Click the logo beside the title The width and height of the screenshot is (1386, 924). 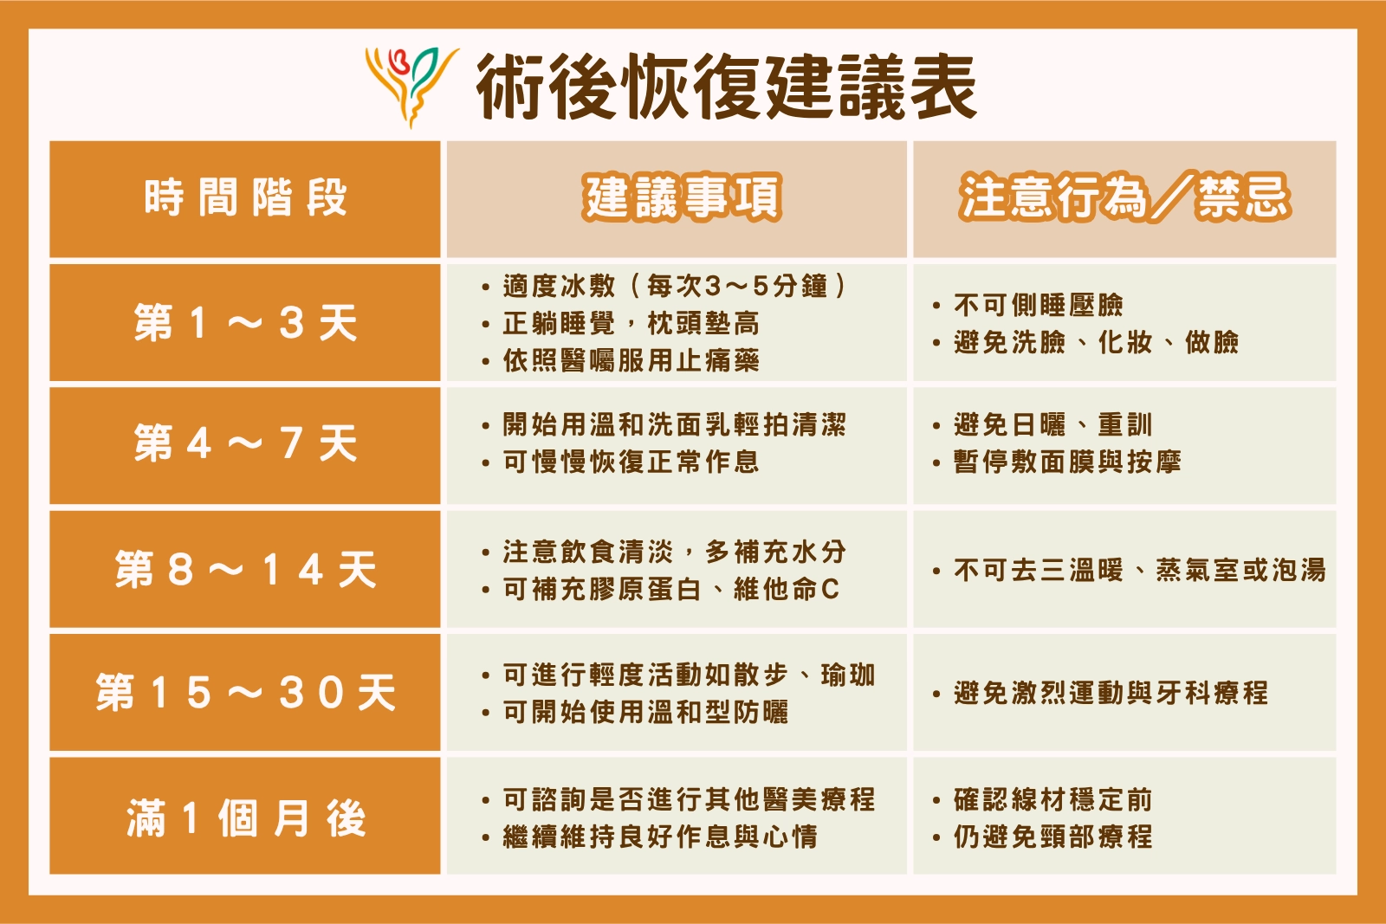(x=411, y=87)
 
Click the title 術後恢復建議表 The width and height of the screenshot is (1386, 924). (x=727, y=86)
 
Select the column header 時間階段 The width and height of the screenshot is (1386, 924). (x=246, y=198)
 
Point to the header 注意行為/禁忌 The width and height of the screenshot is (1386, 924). (x=1125, y=198)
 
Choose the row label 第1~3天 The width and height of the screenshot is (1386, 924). (x=246, y=323)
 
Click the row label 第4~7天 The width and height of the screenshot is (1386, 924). (x=246, y=443)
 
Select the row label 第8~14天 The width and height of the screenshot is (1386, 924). (x=246, y=570)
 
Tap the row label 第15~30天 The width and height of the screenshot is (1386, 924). (x=246, y=692)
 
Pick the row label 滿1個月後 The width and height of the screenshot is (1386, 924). (x=246, y=817)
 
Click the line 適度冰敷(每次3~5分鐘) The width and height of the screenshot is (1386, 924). (x=675, y=287)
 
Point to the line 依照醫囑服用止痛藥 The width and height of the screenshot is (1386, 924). (x=631, y=360)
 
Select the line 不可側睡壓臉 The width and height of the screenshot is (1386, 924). (x=1039, y=305)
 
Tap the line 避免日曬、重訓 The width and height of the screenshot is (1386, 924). (x=1052, y=425)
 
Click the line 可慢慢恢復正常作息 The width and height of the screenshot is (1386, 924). (x=631, y=462)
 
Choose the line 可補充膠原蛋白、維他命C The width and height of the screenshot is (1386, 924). (x=671, y=589)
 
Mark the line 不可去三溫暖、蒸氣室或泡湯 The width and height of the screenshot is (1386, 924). (x=1140, y=570)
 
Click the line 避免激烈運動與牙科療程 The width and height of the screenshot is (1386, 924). (x=1111, y=693)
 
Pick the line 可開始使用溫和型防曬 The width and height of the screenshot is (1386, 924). (x=645, y=712)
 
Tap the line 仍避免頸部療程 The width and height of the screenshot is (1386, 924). (x=1052, y=837)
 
